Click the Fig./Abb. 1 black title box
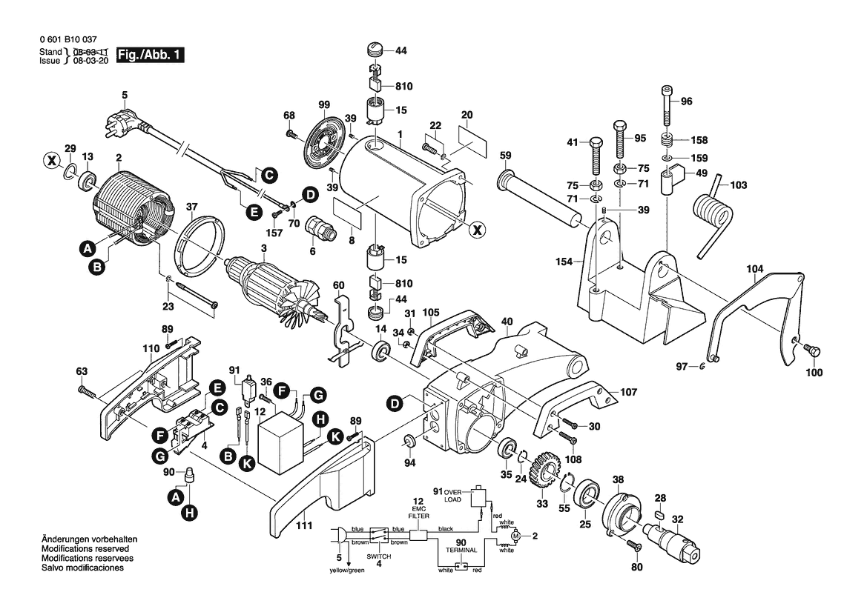point(151,56)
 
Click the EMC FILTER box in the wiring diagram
point(419,535)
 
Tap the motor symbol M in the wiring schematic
point(517,536)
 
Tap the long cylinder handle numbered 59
point(545,199)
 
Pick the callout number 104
point(754,269)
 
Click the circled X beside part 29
point(51,159)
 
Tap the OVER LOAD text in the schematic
point(452,496)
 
